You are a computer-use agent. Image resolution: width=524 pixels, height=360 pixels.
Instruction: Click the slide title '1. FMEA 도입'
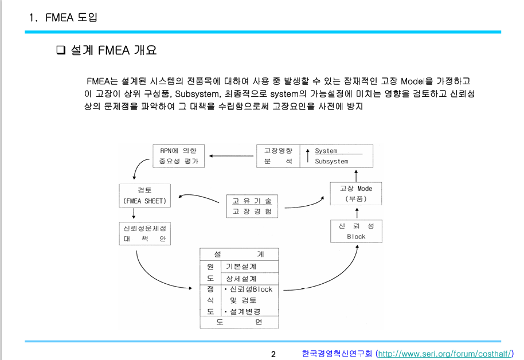click(x=63, y=17)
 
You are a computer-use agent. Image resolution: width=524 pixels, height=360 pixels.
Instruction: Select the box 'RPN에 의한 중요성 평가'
click(x=179, y=156)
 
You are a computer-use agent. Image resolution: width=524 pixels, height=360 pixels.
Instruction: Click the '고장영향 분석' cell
click(x=277, y=156)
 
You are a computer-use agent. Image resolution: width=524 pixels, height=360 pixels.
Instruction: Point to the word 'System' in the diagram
click(x=326, y=151)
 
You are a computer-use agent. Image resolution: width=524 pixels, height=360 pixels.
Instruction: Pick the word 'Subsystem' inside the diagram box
click(x=331, y=161)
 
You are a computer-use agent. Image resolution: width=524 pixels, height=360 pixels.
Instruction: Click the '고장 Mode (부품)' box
click(x=355, y=193)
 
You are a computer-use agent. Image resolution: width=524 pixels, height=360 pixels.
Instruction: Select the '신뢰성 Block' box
click(x=355, y=231)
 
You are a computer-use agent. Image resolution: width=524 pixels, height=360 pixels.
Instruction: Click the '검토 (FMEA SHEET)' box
click(x=144, y=195)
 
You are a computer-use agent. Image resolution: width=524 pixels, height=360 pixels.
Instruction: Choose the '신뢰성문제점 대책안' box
click(x=144, y=233)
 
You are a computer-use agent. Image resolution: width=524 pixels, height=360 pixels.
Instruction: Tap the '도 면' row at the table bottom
click(x=239, y=322)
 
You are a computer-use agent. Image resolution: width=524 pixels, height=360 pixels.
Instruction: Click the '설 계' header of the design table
click(x=239, y=254)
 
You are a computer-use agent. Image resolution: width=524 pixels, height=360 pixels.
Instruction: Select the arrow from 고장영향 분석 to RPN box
click(x=232, y=155)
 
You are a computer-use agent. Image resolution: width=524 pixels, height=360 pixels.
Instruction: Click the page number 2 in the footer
click(x=273, y=354)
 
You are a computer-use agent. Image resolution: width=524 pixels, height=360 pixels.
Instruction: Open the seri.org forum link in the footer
click(x=444, y=354)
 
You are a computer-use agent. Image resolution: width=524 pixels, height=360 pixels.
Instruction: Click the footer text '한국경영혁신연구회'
click(x=337, y=354)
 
